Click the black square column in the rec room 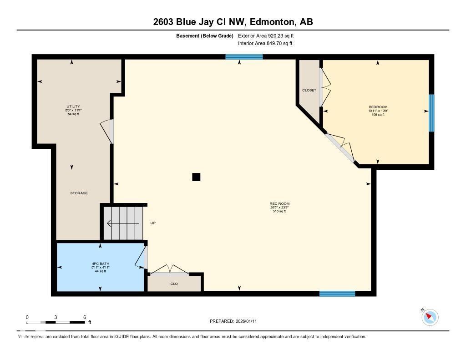(x=196, y=177)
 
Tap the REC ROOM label (x=279, y=204)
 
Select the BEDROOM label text (x=378, y=107)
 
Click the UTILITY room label (x=73, y=106)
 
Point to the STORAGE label (x=79, y=193)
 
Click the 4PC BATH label (x=100, y=264)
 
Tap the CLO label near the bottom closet (x=174, y=284)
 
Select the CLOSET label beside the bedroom (x=309, y=90)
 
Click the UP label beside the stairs (x=153, y=223)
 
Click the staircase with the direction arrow (x=123, y=223)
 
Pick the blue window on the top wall (x=244, y=57)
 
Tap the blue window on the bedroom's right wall (x=431, y=113)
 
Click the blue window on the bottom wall (x=337, y=294)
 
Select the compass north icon (x=430, y=317)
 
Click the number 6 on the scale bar (x=85, y=317)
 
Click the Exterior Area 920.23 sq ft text (x=269, y=35)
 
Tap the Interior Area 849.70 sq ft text (x=265, y=44)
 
